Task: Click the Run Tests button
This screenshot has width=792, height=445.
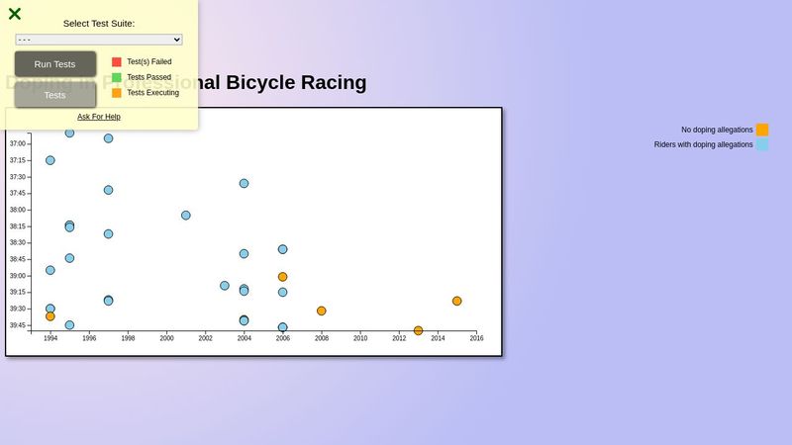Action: tap(55, 64)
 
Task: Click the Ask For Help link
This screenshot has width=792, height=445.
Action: tap(99, 117)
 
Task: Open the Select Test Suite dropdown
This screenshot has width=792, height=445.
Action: tap(99, 40)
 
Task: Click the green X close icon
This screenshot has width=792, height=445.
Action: tap(15, 14)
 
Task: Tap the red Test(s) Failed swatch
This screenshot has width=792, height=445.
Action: tap(117, 61)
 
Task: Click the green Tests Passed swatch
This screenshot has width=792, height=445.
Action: tap(117, 77)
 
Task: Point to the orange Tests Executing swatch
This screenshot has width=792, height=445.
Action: tap(117, 93)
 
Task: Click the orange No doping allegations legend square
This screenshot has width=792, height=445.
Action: tap(762, 130)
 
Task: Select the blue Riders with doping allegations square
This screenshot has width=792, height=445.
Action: tap(762, 144)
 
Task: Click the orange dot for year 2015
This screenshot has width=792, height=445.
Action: tap(457, 301)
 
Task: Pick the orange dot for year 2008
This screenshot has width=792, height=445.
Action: tap(322, 311)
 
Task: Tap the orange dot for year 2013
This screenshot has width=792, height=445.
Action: tap(419, 330)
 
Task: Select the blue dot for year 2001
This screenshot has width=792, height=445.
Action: tap(186, 215)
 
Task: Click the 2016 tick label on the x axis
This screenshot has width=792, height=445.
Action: tap(476, 338)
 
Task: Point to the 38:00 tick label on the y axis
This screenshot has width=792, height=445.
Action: tap(18, 210)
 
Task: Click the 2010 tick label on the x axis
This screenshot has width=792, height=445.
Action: tap(360, 338)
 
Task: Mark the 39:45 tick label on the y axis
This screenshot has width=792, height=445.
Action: tap(18, 325)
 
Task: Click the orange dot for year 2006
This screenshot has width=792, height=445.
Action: tap(283, 277)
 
